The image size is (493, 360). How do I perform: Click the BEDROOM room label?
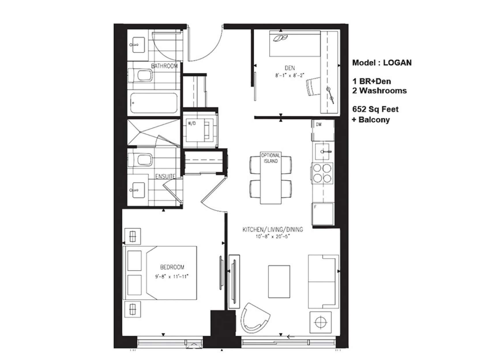click(x=172, y=267)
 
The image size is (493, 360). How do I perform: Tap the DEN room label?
click(x=289, y=68)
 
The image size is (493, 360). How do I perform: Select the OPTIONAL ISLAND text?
click(x=270, y=158)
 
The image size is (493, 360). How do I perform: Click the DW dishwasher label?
click(x=319, y=125)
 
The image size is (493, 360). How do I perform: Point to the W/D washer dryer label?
click(x=191, y=123)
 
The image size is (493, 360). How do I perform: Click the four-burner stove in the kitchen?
click(x=322, y=173)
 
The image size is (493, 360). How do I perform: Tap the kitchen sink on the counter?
click(x=323, y=151)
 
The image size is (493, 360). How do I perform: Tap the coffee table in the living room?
click(x=279, y=281)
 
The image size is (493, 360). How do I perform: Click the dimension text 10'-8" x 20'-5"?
click(x=272, y=237)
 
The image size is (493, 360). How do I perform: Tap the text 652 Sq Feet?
click(x=375, y=109)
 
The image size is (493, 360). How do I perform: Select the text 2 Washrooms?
click(x=379, y=91)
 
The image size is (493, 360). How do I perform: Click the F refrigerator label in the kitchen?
click(x=315, y=207)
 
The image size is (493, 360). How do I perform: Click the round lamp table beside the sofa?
click(x=320, y=322)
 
